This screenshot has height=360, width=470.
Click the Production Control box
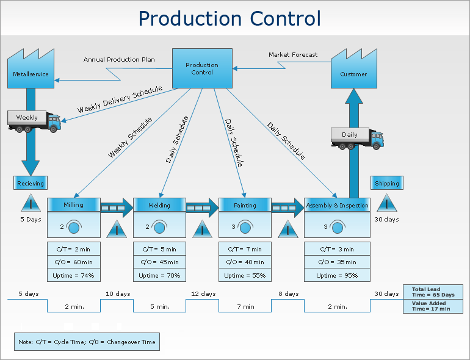(202, 68)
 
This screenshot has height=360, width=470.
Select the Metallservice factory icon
(31, 70)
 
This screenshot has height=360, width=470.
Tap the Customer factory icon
(353, 69)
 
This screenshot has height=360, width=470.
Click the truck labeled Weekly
(34, 121)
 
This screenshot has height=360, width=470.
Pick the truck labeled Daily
(357, 137)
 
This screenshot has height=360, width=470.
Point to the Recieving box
(30, 183)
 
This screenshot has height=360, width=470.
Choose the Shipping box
(387, 183)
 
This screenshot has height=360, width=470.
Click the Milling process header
(73, 205)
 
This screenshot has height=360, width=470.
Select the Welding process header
(159, 205)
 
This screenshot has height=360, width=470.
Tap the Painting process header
(245, 205)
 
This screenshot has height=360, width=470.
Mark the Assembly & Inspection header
(337, 205)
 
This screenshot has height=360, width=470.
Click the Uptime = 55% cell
(245, 275)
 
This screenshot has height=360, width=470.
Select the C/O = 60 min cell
(73, 262)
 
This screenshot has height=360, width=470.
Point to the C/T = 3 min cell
(337, 249)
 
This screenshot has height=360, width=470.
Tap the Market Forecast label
(293, 55)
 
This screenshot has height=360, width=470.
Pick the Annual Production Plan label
(119, 60)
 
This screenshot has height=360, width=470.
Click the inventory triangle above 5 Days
(30, 204)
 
